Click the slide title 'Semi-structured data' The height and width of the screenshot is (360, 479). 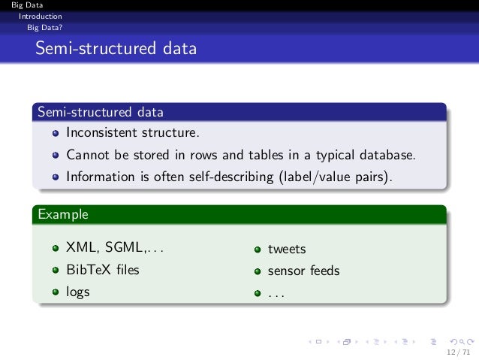(115, 50)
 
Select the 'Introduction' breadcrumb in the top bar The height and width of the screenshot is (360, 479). (41, 15)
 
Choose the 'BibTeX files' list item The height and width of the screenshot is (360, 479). (102, 269)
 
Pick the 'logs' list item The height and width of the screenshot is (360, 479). (78, 292)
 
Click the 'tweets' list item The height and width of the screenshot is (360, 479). (287, 249)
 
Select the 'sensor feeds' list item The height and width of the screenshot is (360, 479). (303, 271)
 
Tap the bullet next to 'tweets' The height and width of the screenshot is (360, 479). (257, 250)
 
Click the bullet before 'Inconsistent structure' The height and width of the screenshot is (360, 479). (56, 135)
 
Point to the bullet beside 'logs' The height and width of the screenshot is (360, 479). (56, 292)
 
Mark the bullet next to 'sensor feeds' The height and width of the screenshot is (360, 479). (257, 271)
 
